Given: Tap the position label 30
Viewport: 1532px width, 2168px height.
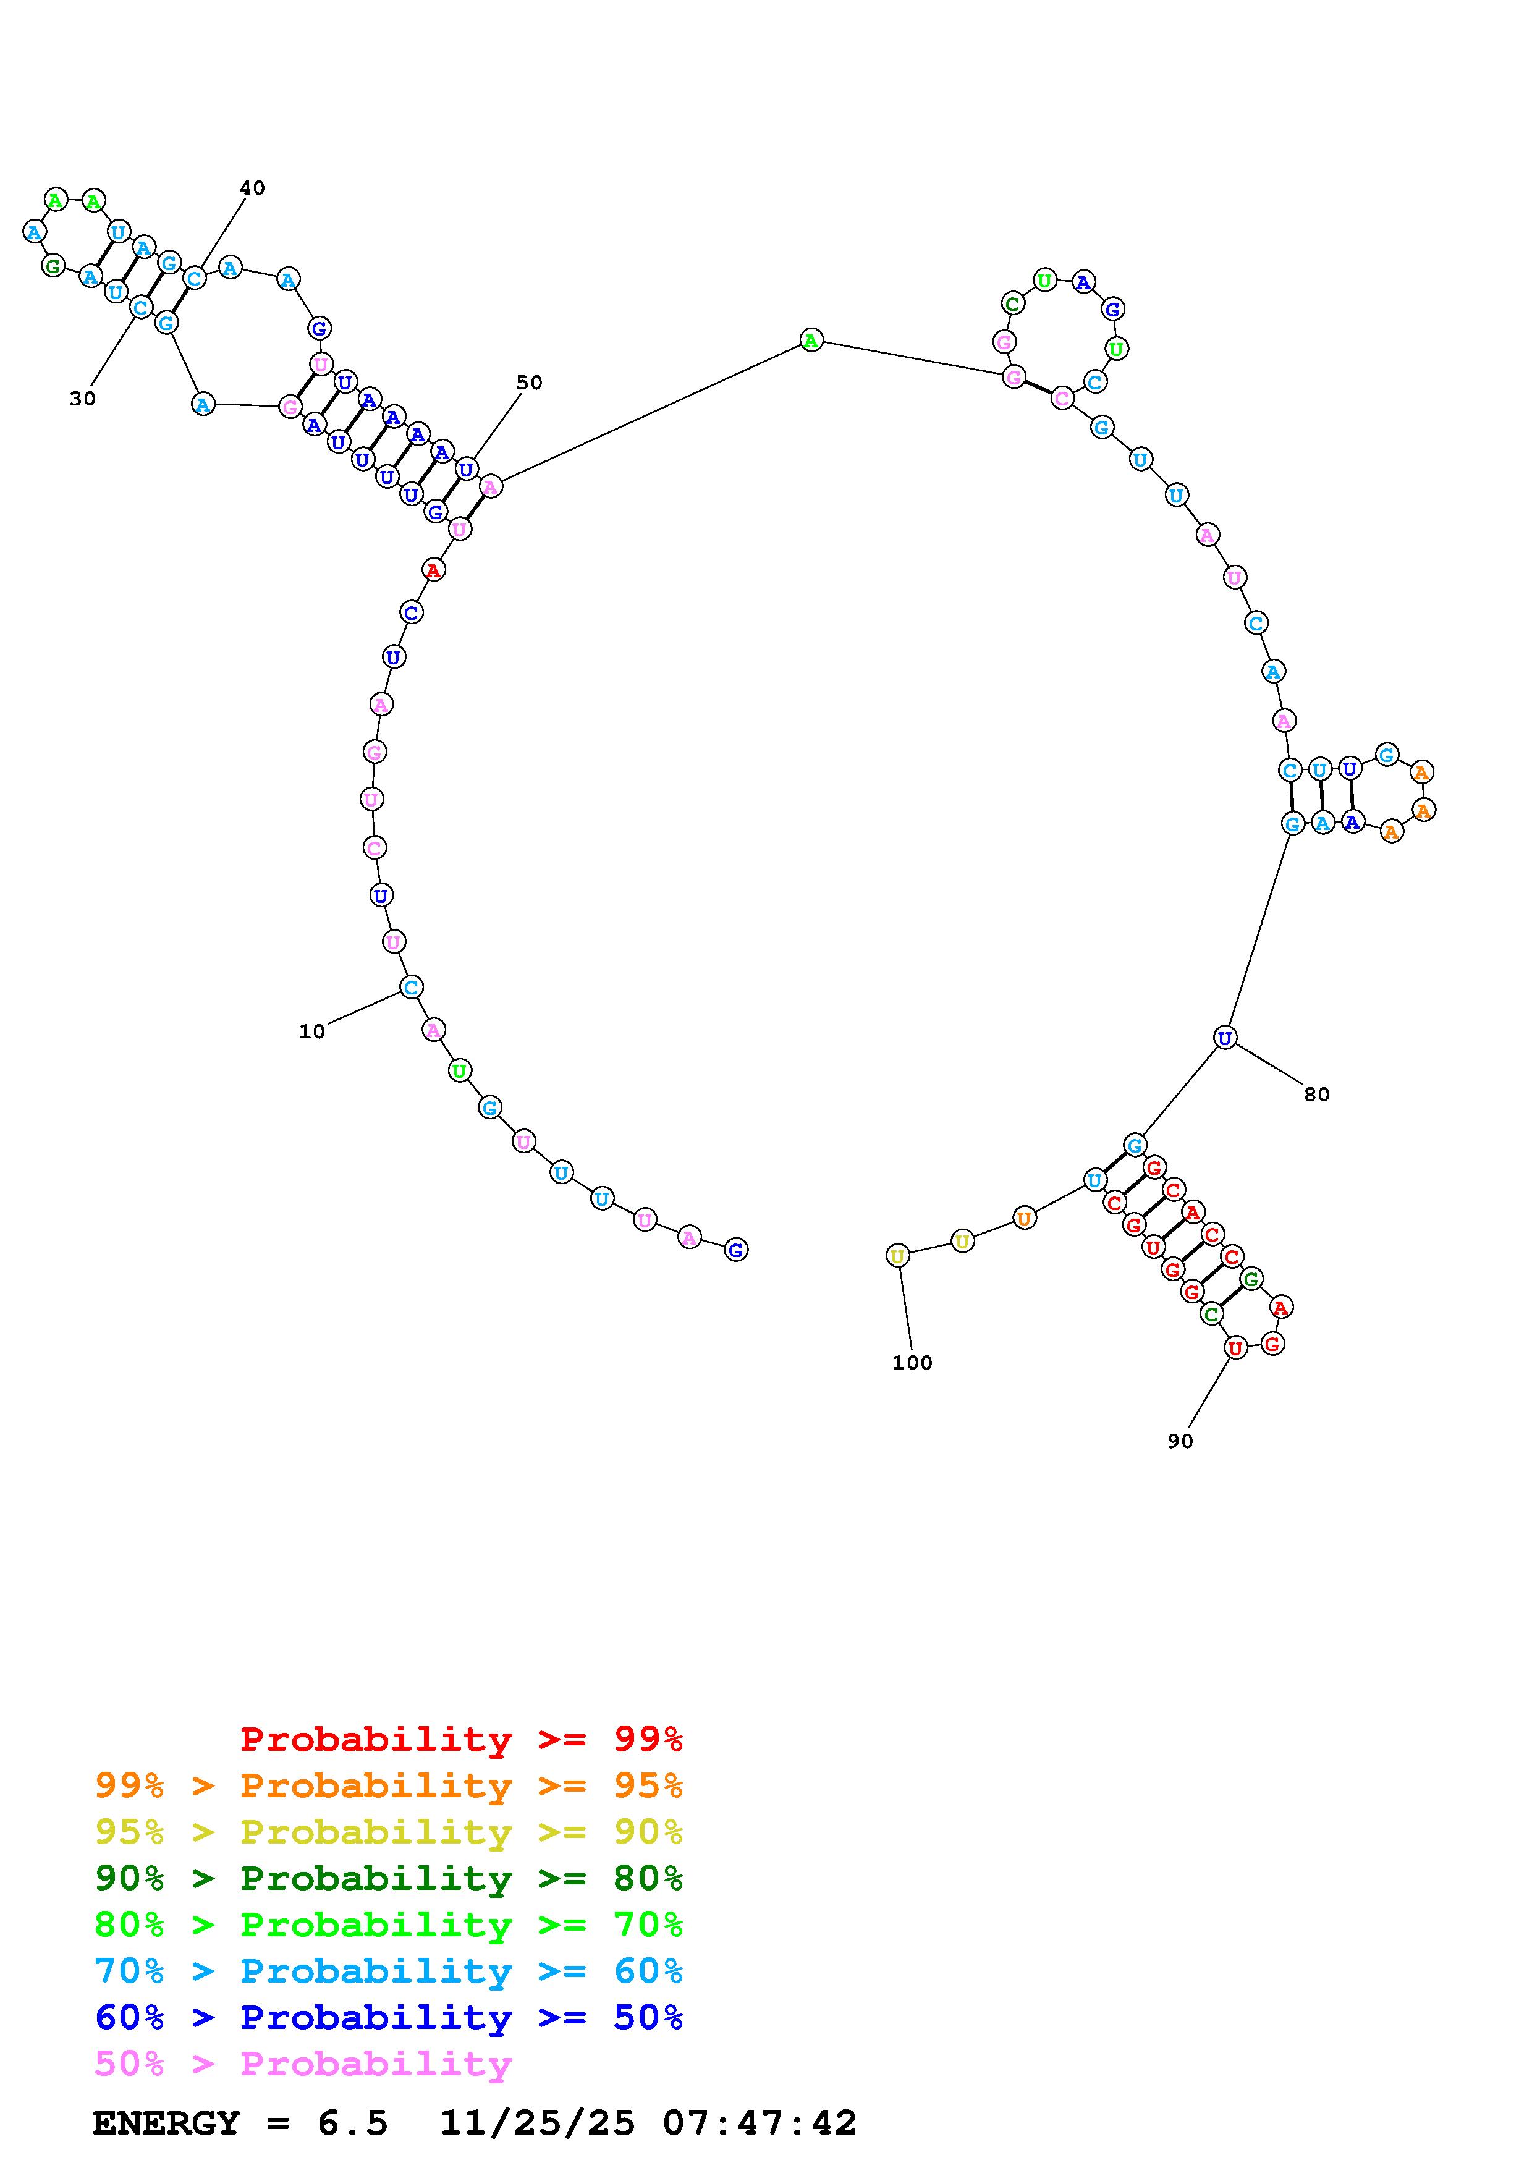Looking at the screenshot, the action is [82, 399].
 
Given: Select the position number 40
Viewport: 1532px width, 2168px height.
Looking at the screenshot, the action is [252, 188].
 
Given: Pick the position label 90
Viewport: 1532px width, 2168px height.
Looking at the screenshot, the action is [1180, 1441].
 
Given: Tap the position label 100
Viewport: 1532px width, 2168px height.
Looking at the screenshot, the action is [912, 1363].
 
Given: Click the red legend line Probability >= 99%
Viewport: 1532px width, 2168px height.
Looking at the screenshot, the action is [462, 1739].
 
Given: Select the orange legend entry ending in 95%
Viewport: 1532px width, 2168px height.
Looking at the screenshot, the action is [389, 1785].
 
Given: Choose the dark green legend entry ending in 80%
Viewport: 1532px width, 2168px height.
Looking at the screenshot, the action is [389, 1878].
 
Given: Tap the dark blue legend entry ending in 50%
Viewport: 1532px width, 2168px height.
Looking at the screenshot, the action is [389, 2017].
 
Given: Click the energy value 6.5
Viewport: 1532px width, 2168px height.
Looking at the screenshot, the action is [353, 2124].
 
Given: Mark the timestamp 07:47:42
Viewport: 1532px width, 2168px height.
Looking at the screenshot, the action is [760, 2124].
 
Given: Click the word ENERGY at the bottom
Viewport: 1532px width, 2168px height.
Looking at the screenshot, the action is [166, 2124].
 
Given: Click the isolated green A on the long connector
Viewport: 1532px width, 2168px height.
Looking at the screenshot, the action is [811, 340].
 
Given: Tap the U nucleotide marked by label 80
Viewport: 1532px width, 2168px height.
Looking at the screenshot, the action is [1224, 1038].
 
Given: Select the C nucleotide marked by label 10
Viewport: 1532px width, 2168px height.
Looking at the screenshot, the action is [410, 988].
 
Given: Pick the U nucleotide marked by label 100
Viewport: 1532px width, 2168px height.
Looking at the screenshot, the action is [898, 1256].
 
